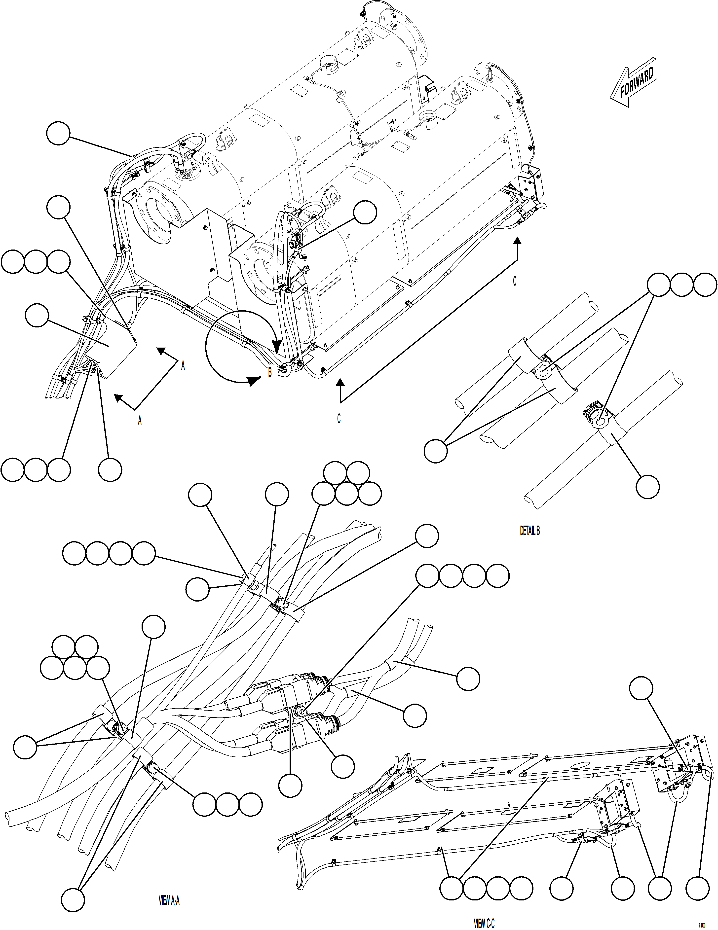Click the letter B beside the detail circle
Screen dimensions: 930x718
[x=269, y=373]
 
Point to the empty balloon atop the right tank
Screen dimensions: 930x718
[x=365, y=212]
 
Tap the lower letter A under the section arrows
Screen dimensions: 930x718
[x=139, y=421]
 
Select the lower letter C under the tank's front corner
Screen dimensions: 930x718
[x=339, y=419]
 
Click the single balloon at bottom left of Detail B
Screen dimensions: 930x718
[x=436, y=451]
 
